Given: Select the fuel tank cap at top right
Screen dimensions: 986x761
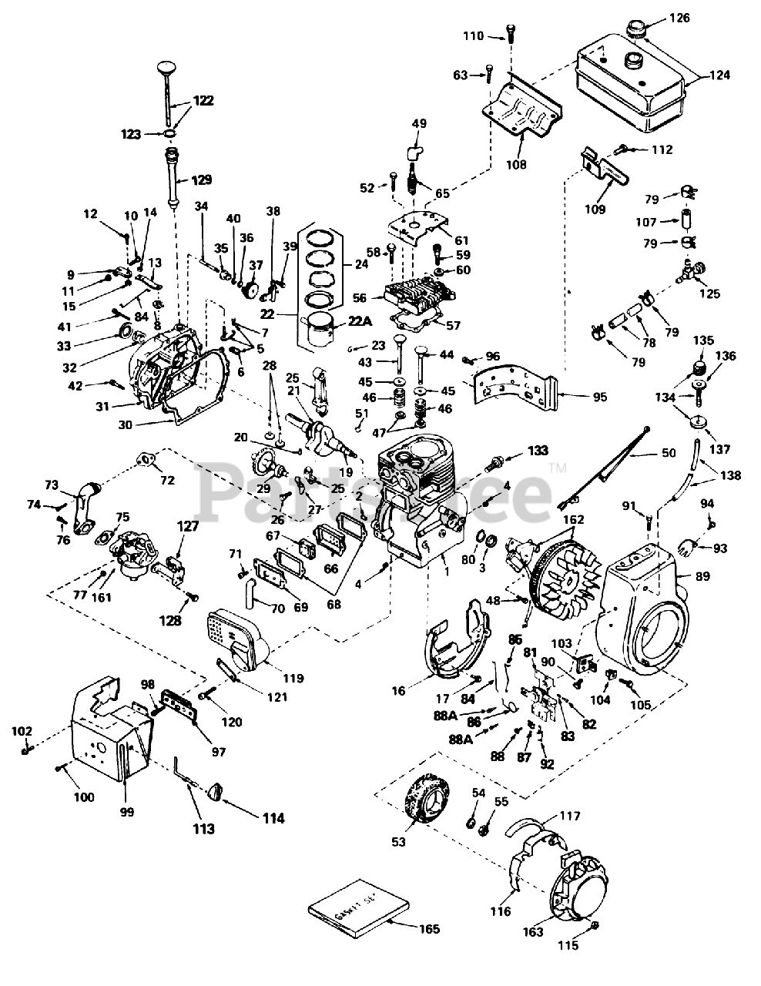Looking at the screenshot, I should point(639,31).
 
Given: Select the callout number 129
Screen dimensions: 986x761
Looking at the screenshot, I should point(201,180).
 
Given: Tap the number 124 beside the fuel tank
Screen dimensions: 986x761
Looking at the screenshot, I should point(721,75).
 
